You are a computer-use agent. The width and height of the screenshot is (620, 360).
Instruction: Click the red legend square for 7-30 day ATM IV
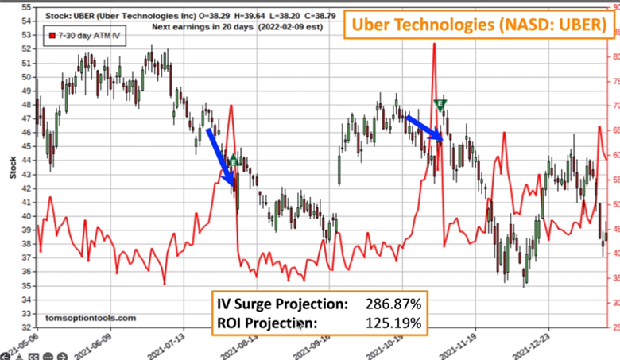click(52, 36)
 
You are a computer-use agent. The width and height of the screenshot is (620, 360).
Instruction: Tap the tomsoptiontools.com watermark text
click(91, 317)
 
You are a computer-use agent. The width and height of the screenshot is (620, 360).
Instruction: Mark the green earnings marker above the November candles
click(440, 104)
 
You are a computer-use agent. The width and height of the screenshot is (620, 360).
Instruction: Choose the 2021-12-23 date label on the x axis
click(537, 343)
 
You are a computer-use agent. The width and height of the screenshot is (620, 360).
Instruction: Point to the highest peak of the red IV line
click(434, 45)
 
